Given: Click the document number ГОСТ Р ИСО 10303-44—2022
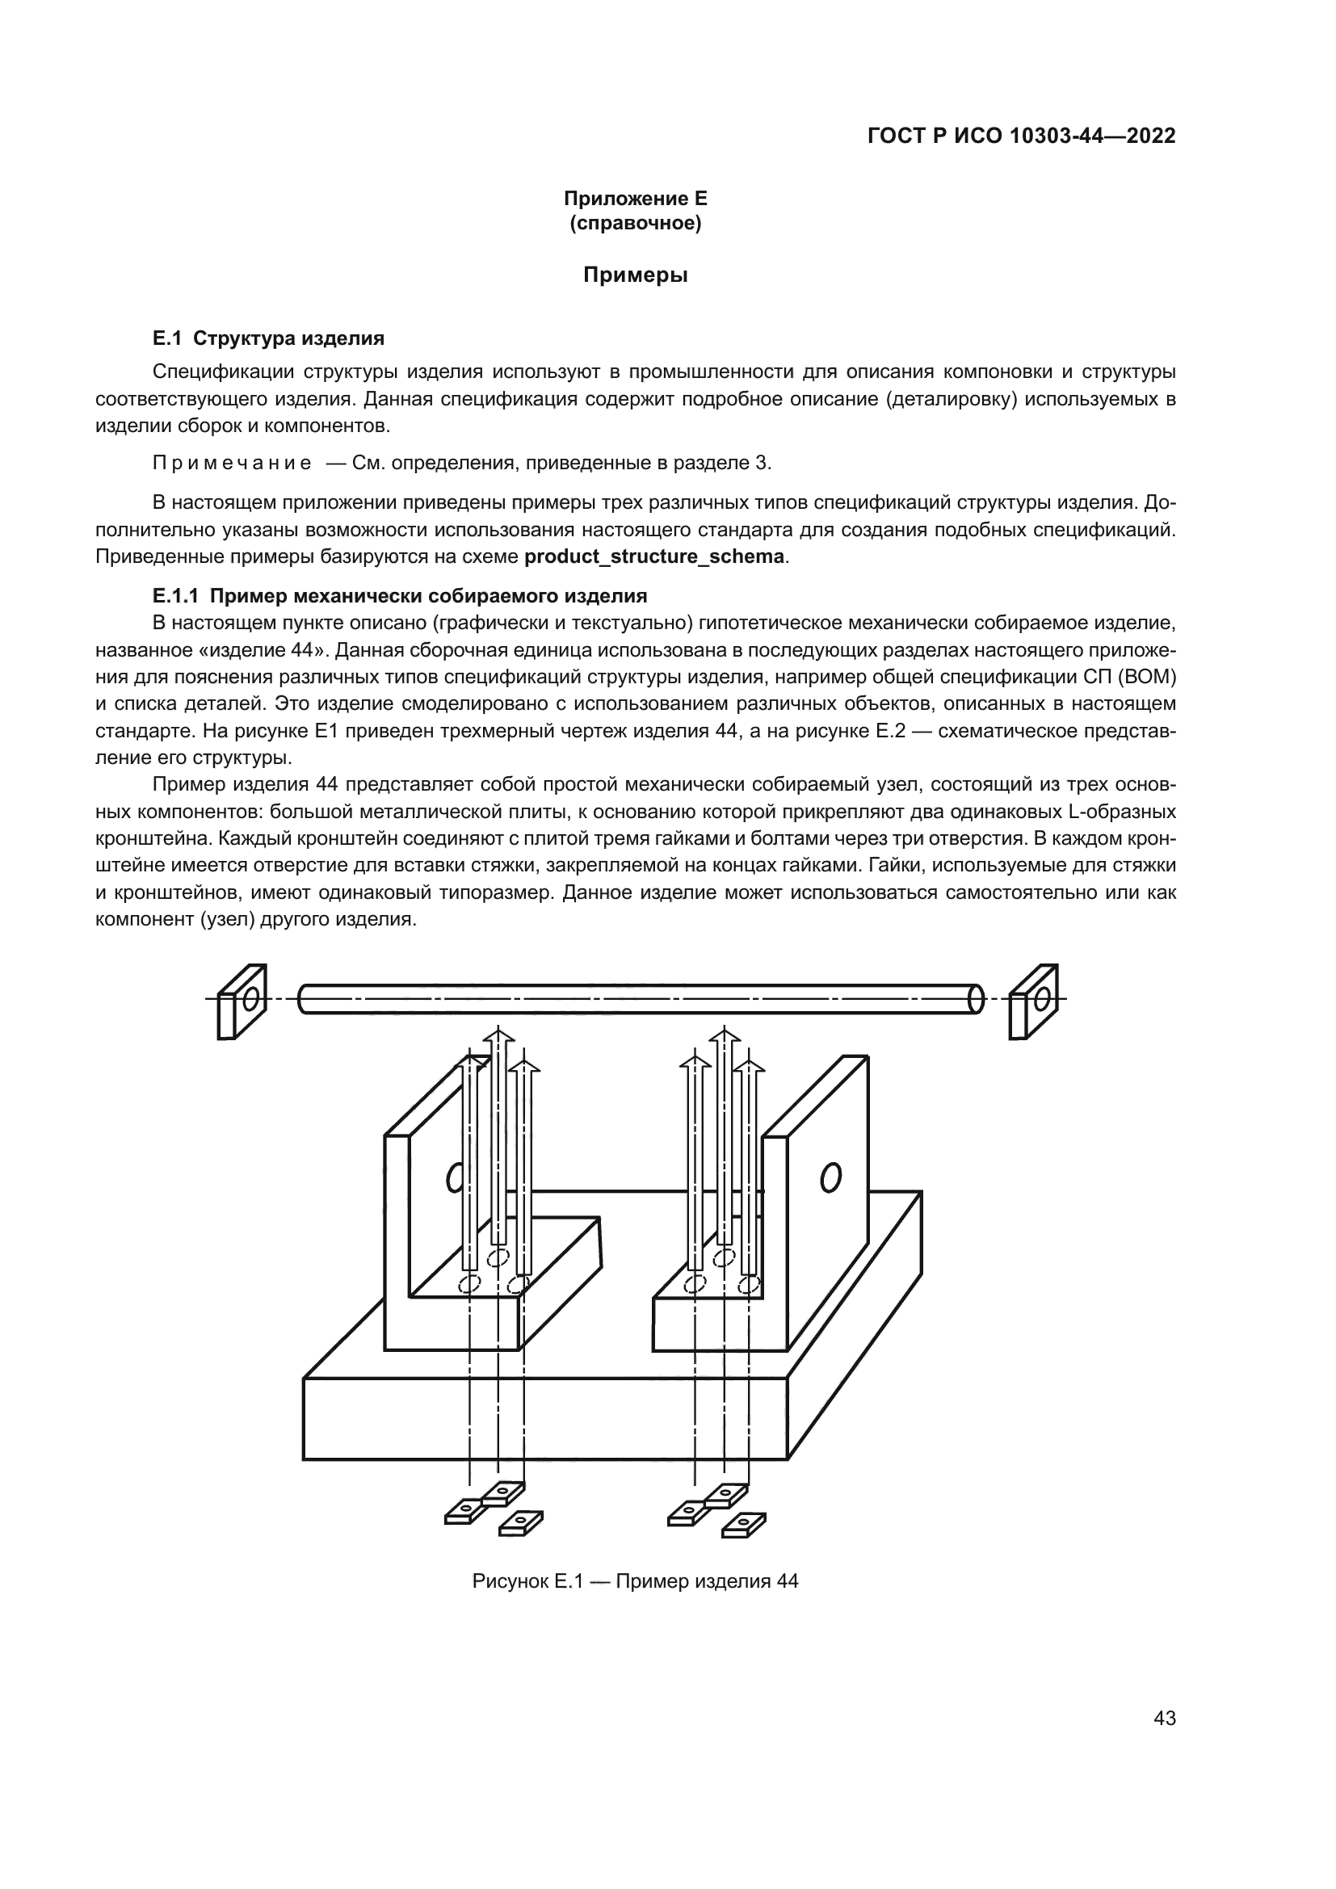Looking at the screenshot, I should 1021,136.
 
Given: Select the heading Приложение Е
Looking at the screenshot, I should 635,199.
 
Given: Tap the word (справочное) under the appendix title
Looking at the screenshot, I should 635,223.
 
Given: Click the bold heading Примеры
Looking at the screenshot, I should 635,275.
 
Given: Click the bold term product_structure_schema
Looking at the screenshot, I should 654,556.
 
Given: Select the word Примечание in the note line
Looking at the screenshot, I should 232,464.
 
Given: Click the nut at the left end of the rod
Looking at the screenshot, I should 241,1001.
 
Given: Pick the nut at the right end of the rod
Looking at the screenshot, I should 1033,1001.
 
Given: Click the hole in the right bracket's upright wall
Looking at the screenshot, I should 830,1177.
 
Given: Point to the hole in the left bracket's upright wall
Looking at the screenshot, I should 454,1179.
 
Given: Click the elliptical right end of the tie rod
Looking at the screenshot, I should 976,999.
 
